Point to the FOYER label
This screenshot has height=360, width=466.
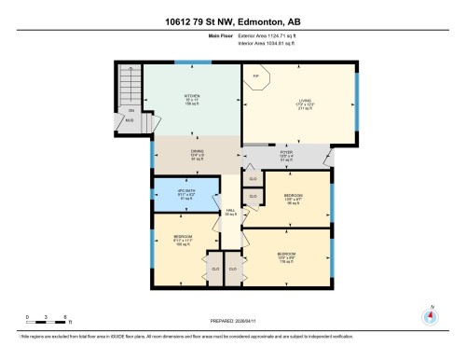click(x=287, y=154)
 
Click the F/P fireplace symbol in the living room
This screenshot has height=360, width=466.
click(x=256, y=76)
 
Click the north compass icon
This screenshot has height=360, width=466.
click(x=430, y=315)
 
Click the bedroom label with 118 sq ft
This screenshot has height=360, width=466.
click(x=287, y=256)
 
